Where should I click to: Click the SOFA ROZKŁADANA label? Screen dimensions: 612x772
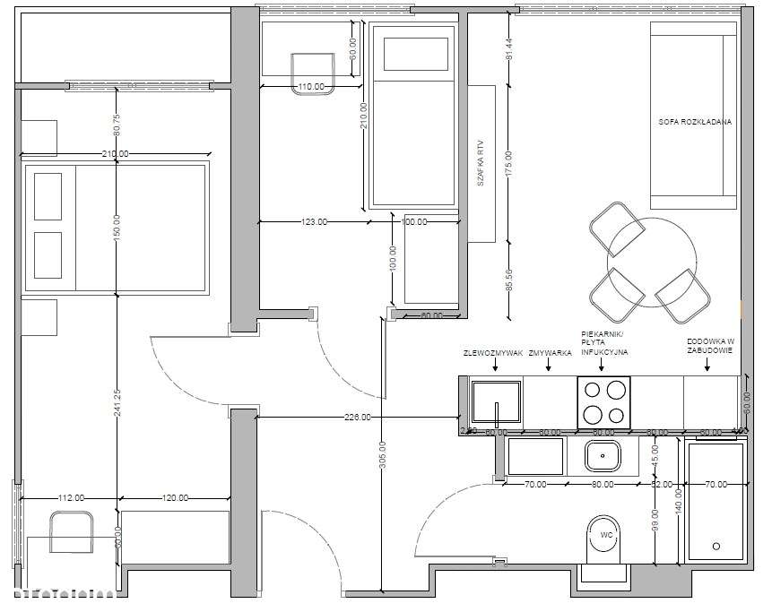coord(694,122)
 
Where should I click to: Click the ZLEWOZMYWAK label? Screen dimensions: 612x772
coord(492,353)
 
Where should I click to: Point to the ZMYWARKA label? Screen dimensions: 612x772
coord(551,353)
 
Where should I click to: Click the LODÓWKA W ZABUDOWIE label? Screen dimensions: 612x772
coord(711,346)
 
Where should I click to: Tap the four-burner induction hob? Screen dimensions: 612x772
coord(604,401)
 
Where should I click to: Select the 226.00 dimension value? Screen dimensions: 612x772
coord(357,417)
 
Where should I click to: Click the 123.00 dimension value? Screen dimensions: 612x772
coord(314,221)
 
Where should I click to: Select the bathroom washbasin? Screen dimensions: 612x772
coord(603,456)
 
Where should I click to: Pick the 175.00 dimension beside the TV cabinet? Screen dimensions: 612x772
coord(508,164)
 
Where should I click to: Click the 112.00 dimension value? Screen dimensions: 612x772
coord(71,498)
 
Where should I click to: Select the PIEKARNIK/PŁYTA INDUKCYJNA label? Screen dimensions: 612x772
coord(603,341)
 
